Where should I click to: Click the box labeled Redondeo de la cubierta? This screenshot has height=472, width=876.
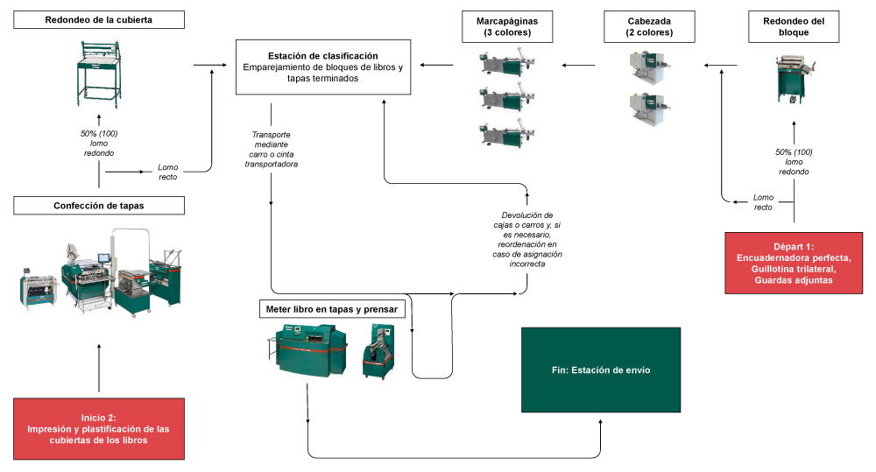point(99,19)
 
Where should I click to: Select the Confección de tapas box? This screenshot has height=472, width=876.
point(99,206)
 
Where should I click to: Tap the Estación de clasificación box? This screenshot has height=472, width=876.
point(323,67)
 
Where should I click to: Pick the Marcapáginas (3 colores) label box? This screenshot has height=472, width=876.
point(507,27)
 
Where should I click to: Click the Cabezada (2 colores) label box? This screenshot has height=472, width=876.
point(649,27)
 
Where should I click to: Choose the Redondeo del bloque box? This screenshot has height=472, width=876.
point(794,27)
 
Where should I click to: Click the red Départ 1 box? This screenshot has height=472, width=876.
point(794,263)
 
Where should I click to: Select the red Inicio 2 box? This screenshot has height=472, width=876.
point(99,429)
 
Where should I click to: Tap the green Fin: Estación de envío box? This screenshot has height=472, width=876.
point(601,370)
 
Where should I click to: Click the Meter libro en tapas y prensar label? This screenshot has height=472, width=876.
point(332,309)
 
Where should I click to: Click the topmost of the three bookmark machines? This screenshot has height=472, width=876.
point(507,62)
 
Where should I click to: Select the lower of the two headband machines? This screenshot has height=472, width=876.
point(649,109)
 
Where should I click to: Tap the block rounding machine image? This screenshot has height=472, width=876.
point(794,80)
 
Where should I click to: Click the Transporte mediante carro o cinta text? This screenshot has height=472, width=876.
point(271,149)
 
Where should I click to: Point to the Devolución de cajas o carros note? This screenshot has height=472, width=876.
point(526,239)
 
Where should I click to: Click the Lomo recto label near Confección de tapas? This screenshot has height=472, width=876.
point(167,172)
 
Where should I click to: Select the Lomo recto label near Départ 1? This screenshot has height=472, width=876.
point(763,202)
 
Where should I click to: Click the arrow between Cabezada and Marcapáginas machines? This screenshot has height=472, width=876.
point(578,66)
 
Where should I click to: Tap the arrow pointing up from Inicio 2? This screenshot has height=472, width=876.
point(99,368)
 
